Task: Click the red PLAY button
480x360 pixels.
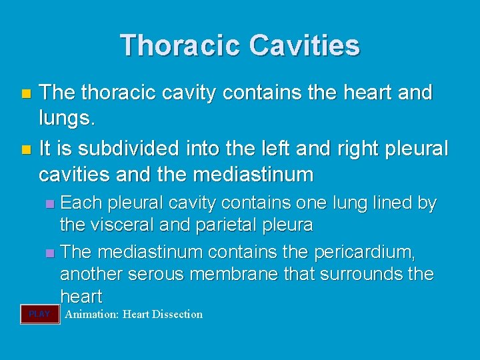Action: click(40, 314)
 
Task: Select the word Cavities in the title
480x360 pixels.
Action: click(305, 45)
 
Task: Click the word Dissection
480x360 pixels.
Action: click(177, 315)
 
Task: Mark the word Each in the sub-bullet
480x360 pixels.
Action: click(79, 203)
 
